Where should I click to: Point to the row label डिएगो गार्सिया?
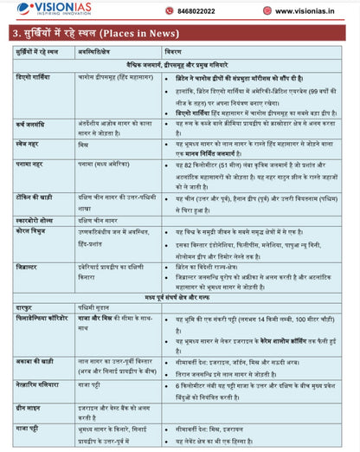35,76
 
